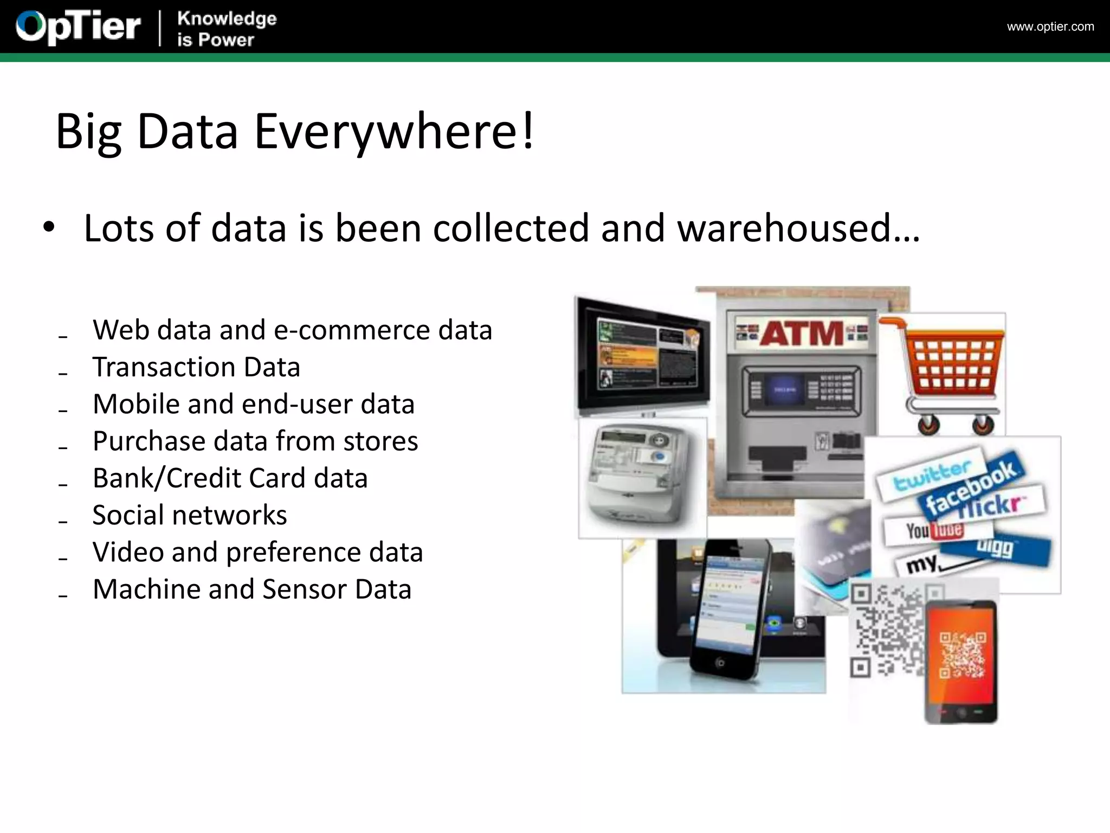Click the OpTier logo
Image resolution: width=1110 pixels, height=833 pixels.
(79, 27)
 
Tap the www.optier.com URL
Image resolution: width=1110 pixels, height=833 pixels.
(1050, 27)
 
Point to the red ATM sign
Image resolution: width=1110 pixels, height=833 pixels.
(802, 332)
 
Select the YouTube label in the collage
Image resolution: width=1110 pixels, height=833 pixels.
(934, 530)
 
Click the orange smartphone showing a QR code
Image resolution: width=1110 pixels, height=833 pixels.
(961, 662)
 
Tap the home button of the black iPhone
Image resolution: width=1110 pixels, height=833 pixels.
(720, 663)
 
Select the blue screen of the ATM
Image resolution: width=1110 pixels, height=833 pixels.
(784, 389)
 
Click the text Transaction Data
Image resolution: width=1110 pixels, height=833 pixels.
(196, 367)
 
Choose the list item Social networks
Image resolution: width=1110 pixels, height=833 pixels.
(190, 515)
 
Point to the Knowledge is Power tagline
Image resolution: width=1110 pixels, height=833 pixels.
(227, 29)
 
